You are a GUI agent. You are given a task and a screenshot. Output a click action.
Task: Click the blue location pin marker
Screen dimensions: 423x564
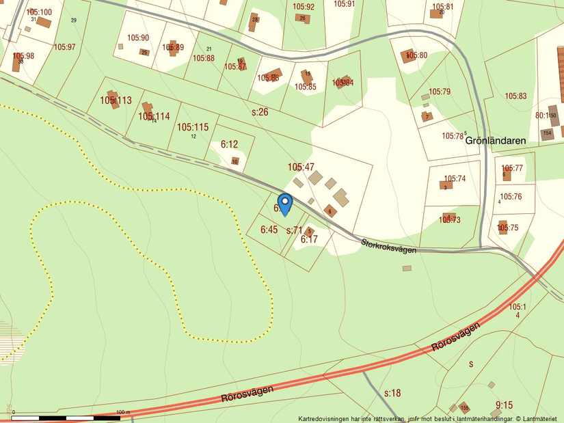[285, 204]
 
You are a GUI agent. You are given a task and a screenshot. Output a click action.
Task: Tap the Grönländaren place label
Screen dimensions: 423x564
[496, 141]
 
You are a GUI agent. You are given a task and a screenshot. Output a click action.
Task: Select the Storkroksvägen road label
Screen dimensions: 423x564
[388, 245]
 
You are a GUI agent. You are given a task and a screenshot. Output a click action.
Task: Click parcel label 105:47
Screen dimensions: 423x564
[301, 167]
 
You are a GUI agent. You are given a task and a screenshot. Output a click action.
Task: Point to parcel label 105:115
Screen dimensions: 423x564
[192, 127]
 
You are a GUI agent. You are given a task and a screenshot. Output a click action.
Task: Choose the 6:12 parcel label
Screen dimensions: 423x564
[229, 144]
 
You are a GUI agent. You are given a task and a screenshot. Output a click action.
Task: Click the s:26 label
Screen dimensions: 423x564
[260, 112]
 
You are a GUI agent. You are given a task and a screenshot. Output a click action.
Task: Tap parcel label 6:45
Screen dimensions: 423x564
[269, 230]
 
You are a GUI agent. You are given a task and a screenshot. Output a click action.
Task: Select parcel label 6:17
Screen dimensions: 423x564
[309, 239]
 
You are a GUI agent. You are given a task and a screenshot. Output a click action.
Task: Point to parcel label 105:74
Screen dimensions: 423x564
[454, 179]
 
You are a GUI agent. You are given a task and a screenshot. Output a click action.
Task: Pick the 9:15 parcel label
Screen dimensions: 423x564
[504, 405]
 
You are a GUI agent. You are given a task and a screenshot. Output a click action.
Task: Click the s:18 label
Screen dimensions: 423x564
[392, 393]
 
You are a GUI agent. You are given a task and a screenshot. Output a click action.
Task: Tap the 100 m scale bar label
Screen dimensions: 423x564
[123, 412]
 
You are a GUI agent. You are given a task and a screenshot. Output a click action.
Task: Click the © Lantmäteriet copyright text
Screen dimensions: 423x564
[539, 418]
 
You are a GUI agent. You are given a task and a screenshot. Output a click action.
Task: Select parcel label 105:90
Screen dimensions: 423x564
[137, 38]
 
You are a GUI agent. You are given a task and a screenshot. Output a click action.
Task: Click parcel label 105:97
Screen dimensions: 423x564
[64, 47]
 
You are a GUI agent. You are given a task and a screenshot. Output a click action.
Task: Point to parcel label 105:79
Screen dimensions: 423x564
[440, 92]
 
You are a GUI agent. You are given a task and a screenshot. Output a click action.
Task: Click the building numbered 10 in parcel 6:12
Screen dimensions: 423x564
[234, 161]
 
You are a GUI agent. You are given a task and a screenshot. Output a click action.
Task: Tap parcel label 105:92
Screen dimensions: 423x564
[304, 7]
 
